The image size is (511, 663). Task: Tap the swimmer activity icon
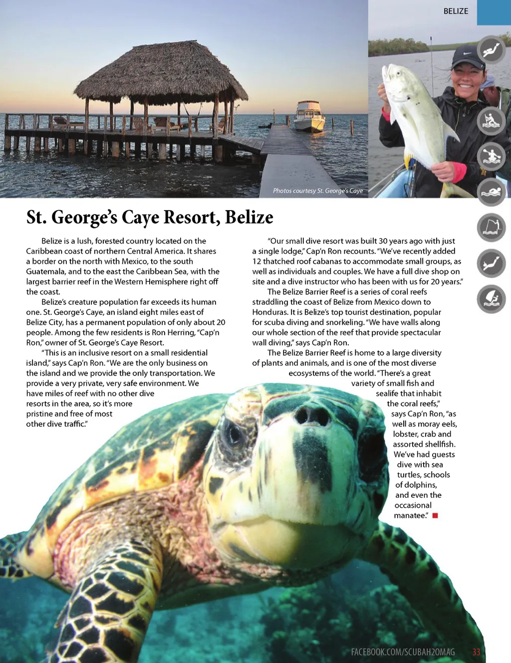(492, 192)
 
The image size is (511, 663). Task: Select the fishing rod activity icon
(492, 227)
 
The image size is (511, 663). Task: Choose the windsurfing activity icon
(492, 299)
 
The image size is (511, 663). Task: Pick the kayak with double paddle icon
(492, 156)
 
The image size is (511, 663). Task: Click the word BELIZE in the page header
(456, 11)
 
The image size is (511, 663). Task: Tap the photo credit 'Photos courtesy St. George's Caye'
(317, 191)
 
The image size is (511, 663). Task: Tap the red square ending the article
(435, 515)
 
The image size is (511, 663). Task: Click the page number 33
(476, 652)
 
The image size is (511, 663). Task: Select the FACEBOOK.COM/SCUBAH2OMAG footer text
(403, 652)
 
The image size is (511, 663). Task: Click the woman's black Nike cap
(468, 57)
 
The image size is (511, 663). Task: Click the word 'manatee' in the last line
(410, 515)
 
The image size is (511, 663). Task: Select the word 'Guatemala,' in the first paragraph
(46, 271)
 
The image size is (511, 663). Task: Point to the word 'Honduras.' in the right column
(270, 312)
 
